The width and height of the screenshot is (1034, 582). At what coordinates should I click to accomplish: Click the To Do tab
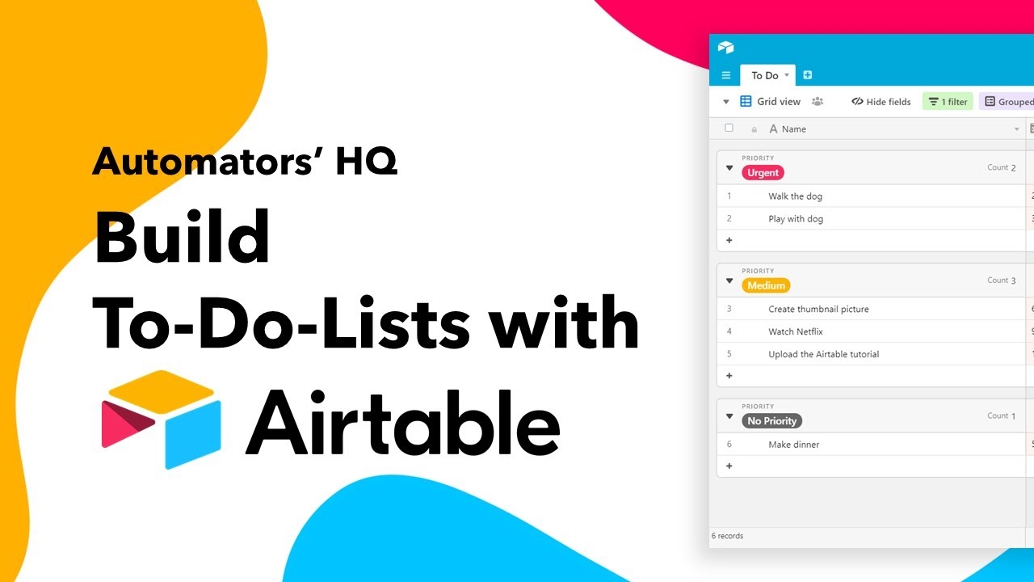click(764, 75)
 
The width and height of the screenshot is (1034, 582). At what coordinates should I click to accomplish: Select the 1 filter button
click(948, 102)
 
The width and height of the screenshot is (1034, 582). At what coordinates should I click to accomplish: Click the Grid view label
click(778, 102)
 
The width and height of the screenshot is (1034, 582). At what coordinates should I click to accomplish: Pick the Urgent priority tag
click(763, 173)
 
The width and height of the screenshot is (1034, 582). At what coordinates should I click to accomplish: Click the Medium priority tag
click(766, 285)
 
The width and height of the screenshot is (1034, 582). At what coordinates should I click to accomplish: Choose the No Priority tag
click(771, 421)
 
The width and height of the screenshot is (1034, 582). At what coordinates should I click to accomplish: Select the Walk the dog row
click(795, 196)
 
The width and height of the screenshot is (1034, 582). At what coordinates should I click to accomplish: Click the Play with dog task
click(796, 219)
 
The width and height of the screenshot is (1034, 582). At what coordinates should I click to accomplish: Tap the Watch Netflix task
click(795, 331)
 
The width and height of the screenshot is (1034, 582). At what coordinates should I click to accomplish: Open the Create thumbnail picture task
click(818, 309)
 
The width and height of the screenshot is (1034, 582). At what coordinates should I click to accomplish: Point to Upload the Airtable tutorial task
click(823, 354)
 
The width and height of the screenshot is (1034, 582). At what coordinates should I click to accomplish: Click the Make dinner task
click(793, 445)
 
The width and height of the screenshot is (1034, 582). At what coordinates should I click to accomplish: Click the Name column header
click(793, 129)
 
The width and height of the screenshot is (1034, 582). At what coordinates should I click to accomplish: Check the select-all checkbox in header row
click(729, 128)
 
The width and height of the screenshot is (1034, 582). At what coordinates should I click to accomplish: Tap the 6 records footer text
click(727, 536)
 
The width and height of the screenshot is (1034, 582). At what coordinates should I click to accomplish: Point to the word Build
click(182, 237)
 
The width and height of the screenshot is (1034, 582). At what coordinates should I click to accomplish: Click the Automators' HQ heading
click(244, 161)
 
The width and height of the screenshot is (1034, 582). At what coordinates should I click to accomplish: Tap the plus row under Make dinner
click(729, 466)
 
